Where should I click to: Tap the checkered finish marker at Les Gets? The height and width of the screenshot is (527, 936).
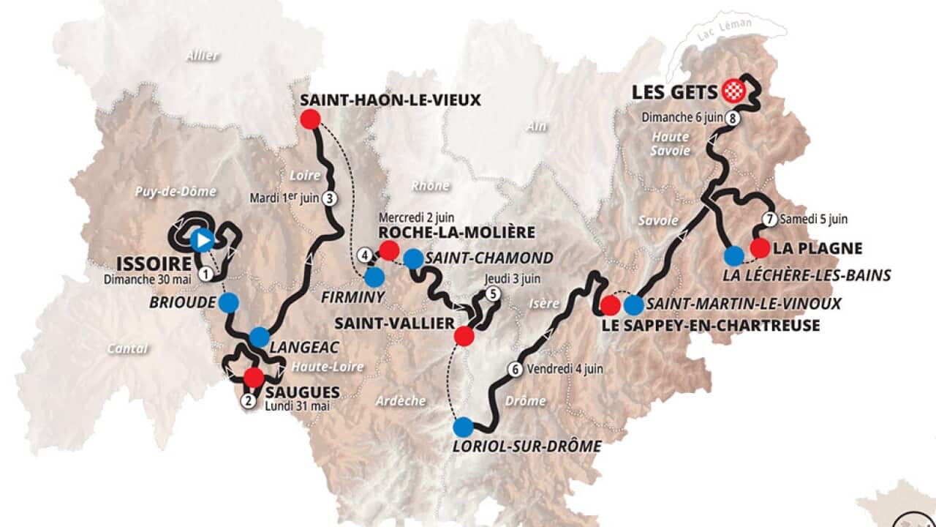733,91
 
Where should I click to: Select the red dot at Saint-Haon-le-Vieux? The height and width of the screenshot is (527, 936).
311,119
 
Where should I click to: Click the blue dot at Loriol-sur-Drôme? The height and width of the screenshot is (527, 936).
463,427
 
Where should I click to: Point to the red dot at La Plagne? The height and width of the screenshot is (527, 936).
760,248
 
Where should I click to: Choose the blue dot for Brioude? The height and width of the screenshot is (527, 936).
229,302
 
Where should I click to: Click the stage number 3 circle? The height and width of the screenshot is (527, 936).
330,198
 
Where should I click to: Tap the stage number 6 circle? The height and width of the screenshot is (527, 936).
516,369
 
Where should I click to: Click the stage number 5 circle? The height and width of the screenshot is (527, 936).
494,294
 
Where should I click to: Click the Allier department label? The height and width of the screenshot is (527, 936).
203,55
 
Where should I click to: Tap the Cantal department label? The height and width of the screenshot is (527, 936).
127,348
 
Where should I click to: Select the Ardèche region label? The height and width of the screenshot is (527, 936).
401,400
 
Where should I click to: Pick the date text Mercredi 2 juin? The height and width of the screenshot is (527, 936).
416,217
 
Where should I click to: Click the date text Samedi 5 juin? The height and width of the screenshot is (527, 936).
814,219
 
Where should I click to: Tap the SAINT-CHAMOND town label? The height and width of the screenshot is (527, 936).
489,258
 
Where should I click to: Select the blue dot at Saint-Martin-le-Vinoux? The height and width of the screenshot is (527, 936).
634,304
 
